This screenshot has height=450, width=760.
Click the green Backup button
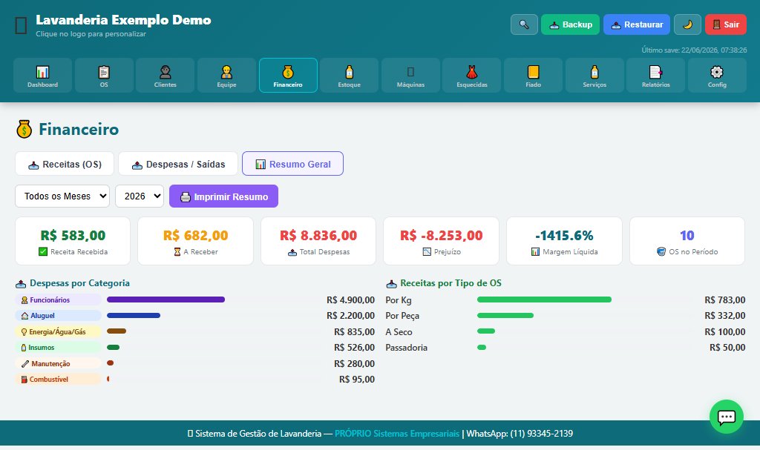570,24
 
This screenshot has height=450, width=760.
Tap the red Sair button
726,24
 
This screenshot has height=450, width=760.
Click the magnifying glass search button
524,24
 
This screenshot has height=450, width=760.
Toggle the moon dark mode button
687,24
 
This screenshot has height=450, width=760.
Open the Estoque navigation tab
349,75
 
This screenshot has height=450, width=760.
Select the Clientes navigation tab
166,75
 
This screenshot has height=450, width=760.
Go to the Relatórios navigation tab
656,75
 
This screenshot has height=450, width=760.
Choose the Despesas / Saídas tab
178,164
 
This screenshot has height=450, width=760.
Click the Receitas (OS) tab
65,164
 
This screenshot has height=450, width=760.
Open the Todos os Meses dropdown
62,196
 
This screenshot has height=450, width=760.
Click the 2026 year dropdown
140,196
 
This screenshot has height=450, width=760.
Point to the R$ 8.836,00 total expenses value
318,236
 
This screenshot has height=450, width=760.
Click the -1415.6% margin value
564,236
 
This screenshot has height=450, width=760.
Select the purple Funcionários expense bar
166,300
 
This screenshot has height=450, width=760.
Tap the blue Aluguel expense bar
134,315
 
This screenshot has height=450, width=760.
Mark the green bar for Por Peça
505,315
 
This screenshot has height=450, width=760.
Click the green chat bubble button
726,417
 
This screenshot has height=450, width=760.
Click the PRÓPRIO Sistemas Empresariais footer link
397,434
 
